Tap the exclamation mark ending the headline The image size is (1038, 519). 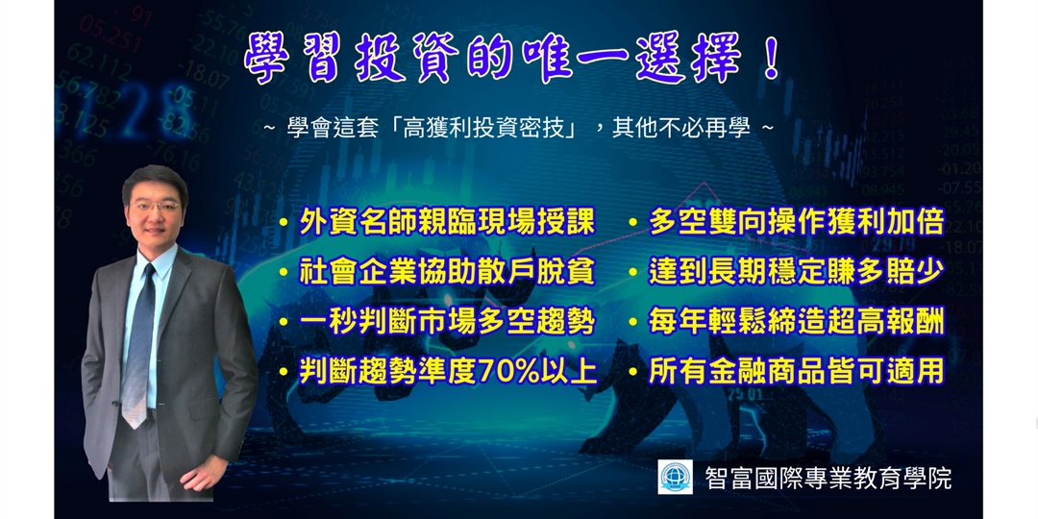point(771,60)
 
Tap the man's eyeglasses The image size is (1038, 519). point(155,207)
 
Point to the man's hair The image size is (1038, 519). point(154,179)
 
